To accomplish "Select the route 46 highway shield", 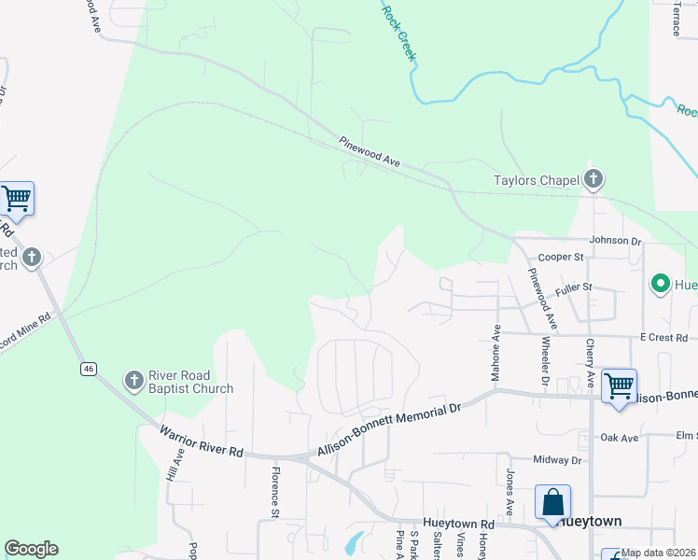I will (x=88, y=370).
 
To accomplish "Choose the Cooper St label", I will (x=561, y=257).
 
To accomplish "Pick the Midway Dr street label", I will (x=557, y=460).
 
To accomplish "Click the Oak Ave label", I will (x=619, y=437).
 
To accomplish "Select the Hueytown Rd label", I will (x=458, y=524).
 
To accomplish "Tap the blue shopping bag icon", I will (x=552, y=501).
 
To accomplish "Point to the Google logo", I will (x=31, y=549).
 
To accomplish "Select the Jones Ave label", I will (x=510, y=492).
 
